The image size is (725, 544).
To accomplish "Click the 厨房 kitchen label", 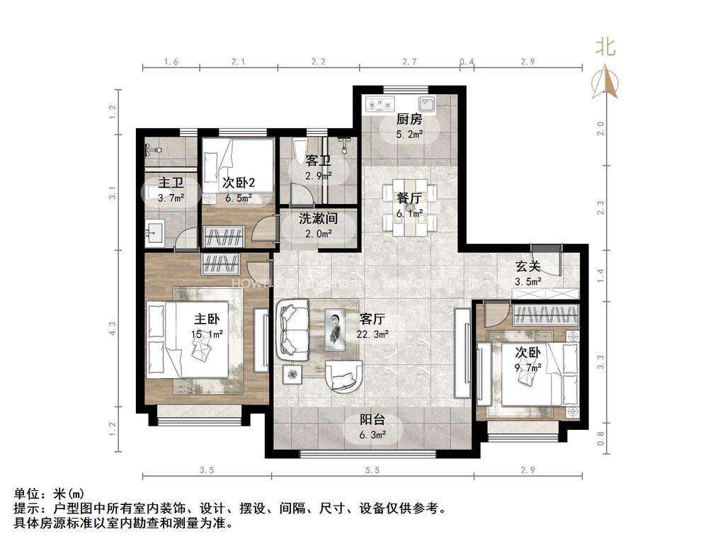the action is pyautogui.click(x=409, y=119).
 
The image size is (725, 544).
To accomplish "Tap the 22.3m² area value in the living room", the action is pyautogui.click(x=372, y=334).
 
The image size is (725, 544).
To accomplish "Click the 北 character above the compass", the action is pyautogui.click(x=605, y=46).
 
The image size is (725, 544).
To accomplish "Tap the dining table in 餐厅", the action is pyautogui.click(x=410, y=208).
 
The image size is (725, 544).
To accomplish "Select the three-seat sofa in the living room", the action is pyautogui.click(x=292, y=329).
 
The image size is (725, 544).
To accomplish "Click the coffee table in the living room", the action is pyautogui.click(x=335, y=329).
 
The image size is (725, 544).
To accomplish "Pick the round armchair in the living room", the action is pyautogui.click(x=343, y=375).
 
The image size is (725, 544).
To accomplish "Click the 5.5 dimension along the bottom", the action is pyautogui.click(x=372, y=470).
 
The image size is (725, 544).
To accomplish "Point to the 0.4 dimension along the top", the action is pyautogui.click(x=467, y=61).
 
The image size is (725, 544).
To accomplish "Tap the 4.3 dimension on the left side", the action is pyautogui.click(x=113, y=329).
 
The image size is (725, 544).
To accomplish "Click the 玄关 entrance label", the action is pyautogui.click(x=527, y=266).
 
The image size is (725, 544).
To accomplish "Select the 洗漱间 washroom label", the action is pyautogui.click(x=318, y=218).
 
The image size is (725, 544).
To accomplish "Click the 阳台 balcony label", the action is pyautogui.click(x=372, y=419).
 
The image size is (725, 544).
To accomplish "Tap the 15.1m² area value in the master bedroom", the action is pyautogui.click(x=207, y=334).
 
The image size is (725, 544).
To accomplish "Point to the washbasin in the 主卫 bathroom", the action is pyautogui.click(x=154, y=232).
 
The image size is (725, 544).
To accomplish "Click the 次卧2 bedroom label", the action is pyautogui.click(x=239, y=183).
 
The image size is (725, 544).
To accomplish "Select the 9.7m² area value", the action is pyautogui.click(x=528, y=368).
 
